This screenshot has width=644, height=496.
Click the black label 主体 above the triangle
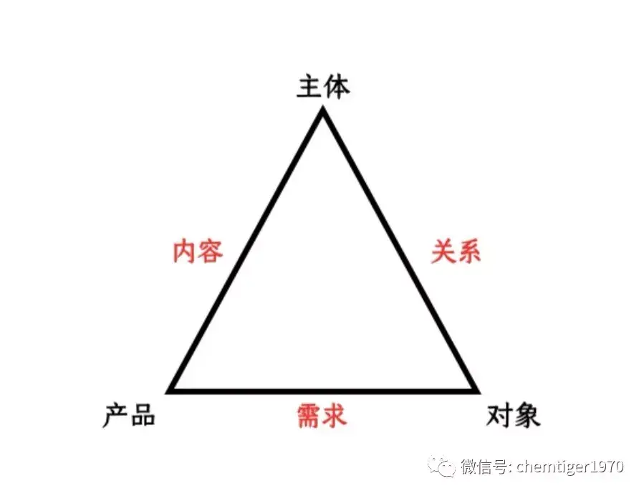323,87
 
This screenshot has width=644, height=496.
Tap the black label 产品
129,415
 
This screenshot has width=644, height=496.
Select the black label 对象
514,415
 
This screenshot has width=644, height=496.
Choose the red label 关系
456,252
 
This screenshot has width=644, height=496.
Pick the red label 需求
322,415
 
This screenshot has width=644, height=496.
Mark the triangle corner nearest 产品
170,391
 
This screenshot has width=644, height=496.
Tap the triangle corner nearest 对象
476,391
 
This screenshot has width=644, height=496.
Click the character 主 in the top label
309,87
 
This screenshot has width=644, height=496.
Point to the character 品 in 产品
143,415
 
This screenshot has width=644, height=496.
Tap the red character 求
335,415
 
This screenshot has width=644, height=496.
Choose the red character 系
468,252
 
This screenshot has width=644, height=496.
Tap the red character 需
309,415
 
